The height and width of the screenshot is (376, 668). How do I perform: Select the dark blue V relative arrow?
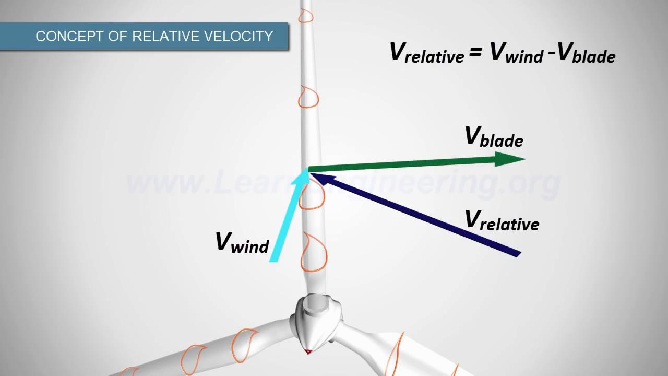[x=417, y=215]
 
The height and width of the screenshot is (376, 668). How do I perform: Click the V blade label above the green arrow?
[x=494, y=137]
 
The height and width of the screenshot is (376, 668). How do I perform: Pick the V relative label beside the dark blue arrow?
[x=502, y=220]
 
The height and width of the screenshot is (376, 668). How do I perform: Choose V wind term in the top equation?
[x=516, y=53]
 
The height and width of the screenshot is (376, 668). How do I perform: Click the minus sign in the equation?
[x=551, y=53]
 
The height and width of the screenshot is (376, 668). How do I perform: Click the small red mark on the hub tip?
[x=308, y=350]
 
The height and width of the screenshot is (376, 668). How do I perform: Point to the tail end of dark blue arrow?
[x=518, y=254]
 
